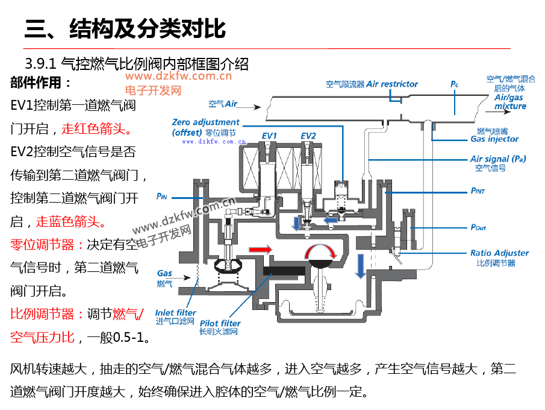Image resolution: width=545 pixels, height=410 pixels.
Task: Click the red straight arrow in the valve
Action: pyautogui.click(x=260, y=248)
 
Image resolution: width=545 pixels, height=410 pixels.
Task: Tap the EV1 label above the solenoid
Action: pyautogui.click(x=269, y=136)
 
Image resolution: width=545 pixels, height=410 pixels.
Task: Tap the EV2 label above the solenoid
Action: pyautogui.click(x=308, y=136)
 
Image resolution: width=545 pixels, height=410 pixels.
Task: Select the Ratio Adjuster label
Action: pyautogui.click(x=499, y=253)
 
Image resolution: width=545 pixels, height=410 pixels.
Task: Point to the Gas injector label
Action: pyautogui.click(x=494, y=139)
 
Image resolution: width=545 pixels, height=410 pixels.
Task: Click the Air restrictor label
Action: pyautogui.click(x=391, y=84)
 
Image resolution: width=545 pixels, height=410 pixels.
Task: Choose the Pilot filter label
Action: pyautogui.click(x=220, y=323)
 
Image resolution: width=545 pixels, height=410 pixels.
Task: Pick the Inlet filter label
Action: pyautogui.click(x=176, y=312)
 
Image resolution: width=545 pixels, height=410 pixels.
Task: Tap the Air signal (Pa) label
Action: pyautogui.click(x=498, y=159)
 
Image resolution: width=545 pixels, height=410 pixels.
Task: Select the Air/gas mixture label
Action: pyautogui.click(x=509, y=102)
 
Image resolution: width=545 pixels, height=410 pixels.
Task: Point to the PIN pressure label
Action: pyautogui.click(x=161, y=196)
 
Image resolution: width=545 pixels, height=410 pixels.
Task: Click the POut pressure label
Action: pyautogui.click(x=478, y=227)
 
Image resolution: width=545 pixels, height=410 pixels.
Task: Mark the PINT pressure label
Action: pyautogui.click(x=478, y=191)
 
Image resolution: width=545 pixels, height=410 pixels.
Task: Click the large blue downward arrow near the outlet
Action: pyautogui.click(x=360, y=265)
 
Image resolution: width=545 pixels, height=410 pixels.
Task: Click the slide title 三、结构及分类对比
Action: pyautogui.click(x=125, y=28)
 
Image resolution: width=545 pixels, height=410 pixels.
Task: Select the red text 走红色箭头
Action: pyautogui.click(x=96, y=128)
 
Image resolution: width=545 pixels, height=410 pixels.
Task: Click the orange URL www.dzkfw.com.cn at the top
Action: pyautogui.click(x=178, y=77)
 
